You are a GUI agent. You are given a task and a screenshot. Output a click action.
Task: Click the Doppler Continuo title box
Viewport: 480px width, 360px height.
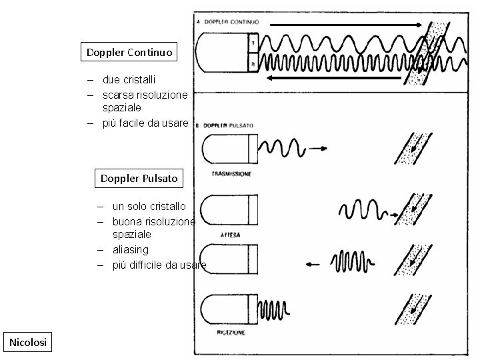click(129, 52)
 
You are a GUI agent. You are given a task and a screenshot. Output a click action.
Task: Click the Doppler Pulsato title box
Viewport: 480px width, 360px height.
click(139, 178)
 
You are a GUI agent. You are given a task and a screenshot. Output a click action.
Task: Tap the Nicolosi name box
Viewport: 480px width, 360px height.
click(28, 342)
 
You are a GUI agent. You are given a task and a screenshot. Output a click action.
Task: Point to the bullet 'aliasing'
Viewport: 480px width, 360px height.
click(131, 249)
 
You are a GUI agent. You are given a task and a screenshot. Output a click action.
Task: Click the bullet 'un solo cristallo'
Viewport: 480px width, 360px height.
click(149, 207)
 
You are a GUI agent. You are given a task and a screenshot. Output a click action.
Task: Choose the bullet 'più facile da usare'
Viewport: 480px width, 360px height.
click(145, 123)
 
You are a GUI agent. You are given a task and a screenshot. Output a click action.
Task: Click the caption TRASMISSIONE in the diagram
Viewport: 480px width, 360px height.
click(231, 173)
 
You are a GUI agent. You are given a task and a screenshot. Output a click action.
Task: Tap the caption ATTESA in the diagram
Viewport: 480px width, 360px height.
click(231, 235)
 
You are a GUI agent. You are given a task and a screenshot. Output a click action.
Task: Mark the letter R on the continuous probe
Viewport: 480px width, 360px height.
click(253, 64)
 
